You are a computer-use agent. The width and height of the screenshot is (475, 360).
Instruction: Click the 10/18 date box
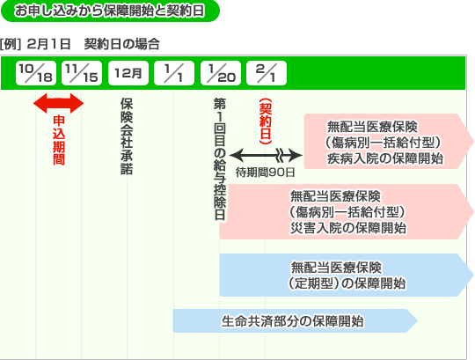point(36,73)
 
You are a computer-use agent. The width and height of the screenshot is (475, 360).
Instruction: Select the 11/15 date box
point(82,73)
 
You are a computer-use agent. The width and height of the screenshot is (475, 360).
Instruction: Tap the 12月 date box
point(128,73)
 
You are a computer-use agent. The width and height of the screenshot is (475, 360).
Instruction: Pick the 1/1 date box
point(174,73)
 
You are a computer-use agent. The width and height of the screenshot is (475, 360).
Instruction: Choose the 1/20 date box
point(221,73)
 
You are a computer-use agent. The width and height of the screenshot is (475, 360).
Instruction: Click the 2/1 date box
point(267,73)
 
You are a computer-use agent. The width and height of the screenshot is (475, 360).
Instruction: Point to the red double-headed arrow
point(58,103)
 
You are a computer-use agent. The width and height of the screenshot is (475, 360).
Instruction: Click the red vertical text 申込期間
point(59,140)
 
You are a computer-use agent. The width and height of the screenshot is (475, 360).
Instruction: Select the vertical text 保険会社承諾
point(127,136)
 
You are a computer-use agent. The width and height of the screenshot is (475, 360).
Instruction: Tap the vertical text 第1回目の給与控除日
point(220,159)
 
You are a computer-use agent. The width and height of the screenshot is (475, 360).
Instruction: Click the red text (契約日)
point(266,121)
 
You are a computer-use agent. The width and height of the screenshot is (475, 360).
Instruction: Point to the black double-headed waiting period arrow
point(266,156)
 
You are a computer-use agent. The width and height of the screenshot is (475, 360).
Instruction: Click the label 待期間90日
point(266,173)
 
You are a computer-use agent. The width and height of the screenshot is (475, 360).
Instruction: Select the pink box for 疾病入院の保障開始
point(389,141)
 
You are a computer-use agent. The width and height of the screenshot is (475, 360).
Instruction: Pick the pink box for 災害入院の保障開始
point(347,211)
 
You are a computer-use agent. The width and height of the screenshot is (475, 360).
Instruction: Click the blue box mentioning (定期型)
point(347,275)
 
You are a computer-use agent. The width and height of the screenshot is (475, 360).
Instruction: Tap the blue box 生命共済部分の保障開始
point(296,321)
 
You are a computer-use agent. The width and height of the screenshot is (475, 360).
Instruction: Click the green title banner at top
point(110,11)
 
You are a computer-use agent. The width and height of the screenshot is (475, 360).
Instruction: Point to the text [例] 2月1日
point(35,44)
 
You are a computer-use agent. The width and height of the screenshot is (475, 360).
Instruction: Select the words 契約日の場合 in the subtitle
point(122,44)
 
